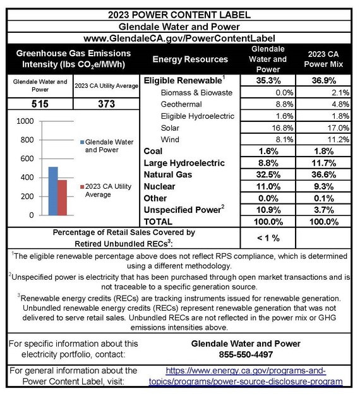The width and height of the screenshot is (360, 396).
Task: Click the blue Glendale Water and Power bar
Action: [x=53, y=191]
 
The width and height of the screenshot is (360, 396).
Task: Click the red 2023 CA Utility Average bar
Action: [x=62, y=198]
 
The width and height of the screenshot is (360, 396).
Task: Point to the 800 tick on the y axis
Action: [x=26, y=140]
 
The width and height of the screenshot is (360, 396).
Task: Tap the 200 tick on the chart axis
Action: [x=26, y=196]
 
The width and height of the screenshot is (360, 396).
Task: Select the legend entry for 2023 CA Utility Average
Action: [x=107, y=190]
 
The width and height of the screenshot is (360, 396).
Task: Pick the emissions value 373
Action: [x=107, y=104]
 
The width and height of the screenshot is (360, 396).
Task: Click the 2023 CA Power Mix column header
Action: [x=323, y=59]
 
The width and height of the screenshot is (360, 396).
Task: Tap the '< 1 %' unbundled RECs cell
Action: [x=268, y=237]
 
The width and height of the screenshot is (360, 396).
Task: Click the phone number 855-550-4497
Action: [x=243, y=354]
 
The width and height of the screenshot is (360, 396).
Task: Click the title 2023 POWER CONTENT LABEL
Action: [x=179, y=15]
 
